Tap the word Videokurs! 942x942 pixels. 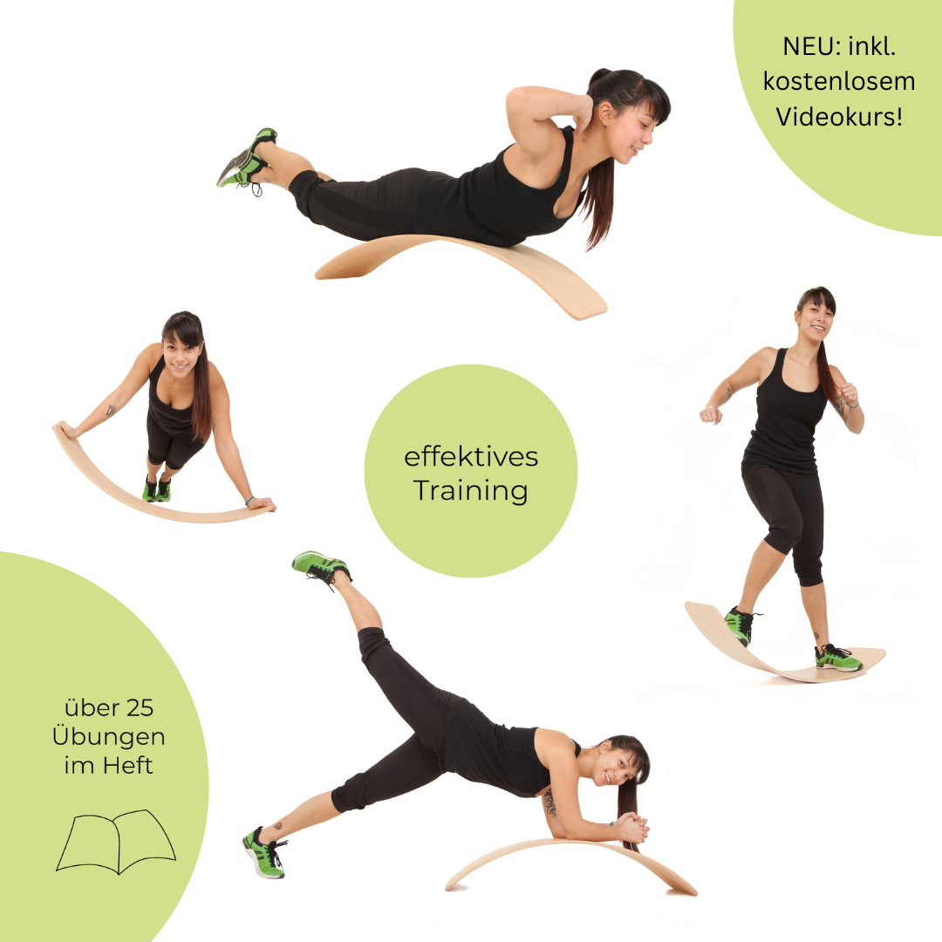tap(839, 117)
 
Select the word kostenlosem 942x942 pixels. tap(839, 81)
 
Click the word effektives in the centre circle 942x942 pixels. tap(471, 456)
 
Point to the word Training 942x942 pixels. tap(470, 491)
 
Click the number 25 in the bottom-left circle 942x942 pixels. tap(140, 708)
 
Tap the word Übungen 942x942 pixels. tap(108, 736)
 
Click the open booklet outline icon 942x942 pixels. tap(116, 841)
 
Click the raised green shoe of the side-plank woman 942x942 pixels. tap(321, 565)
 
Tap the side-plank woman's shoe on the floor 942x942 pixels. tap(263, 853)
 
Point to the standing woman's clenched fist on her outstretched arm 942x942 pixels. tap(711, 414)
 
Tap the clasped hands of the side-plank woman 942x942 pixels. tap(632, 828)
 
